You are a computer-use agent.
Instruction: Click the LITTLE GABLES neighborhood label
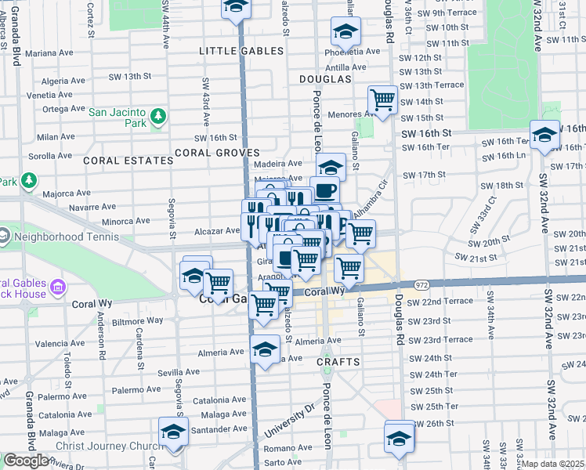pos(241,51)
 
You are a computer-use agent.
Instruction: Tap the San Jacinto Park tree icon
pos(158,117)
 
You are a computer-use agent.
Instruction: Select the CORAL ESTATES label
pos(128,161)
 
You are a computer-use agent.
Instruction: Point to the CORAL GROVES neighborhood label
pos(217,153)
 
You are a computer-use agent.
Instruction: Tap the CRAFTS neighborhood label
pos(338,362)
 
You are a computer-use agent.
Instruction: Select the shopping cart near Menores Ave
pos(382,99)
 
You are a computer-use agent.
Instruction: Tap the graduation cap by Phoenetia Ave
pos(344,31)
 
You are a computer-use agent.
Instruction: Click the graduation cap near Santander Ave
pos(173,431)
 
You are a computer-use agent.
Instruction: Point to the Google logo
pos(25,461)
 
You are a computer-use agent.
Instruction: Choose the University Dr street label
pos(288,418)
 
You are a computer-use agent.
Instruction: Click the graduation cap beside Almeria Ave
pos(266,349)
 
